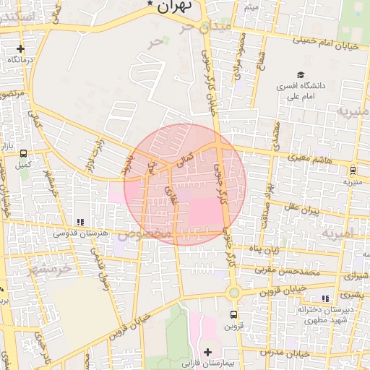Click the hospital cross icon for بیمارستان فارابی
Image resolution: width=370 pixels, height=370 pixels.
[x=208, y=351]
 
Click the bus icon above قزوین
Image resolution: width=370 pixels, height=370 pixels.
[x=233, y=315]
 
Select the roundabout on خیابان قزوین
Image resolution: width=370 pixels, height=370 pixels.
[x=233, y=293]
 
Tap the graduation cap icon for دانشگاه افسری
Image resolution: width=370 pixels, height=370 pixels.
[x=300, y=74]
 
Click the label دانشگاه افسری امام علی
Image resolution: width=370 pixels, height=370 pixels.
[x=299, y=90]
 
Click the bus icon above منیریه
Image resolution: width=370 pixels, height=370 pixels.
[x=353, y=171]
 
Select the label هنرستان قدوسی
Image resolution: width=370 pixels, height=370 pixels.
[x=81, y=233]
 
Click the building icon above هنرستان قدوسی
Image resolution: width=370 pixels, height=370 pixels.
[x=80, y=222]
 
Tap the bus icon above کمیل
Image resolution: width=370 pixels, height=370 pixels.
[x=24, y=154]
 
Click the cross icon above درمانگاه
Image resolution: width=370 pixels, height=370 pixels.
[x=20, y=50]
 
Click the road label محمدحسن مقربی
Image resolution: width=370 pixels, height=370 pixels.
[x=291, y=271]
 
